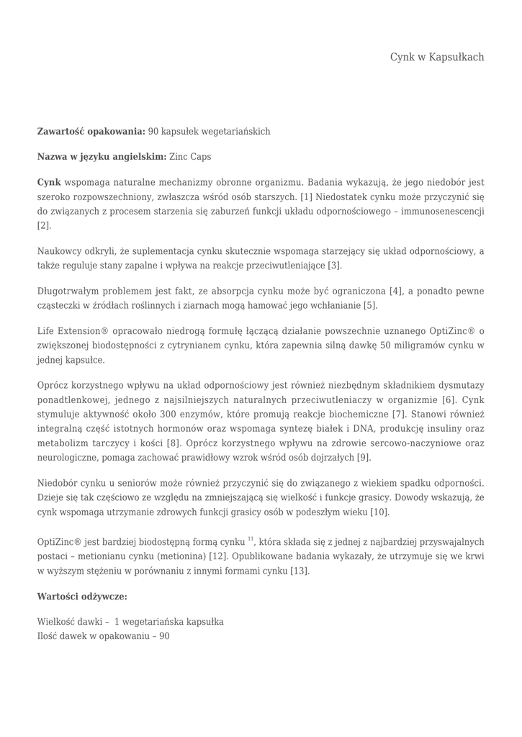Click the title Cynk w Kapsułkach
click(437, 57)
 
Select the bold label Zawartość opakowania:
click(91, 131)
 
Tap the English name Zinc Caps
click(190, 156)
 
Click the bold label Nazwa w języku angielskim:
click(102, 156)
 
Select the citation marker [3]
click(334, 266)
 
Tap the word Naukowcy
click(58, 251)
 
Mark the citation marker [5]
click(369, 305)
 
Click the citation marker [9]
click(364, 457)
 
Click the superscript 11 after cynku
click(251, 539)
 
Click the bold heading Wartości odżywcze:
click(82, 596)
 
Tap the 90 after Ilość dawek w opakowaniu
click(164, 636)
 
